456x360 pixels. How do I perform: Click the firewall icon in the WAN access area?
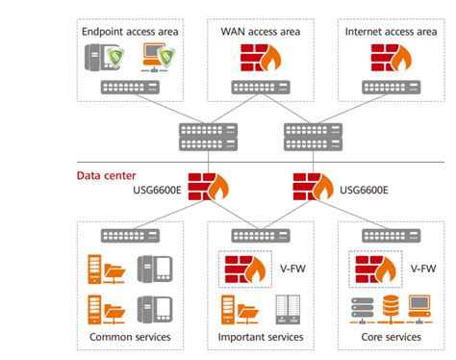pyautogui.click(x=255, y=61)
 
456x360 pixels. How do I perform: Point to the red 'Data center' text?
pyautogui.click(x=105, y=175)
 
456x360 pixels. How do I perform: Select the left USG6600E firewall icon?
pyautogui.click(x=205, y=187)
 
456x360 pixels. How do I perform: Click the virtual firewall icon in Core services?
pyautogui.click(x=372, y=270)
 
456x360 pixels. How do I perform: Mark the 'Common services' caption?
pyautogui.click(x=129, y=337)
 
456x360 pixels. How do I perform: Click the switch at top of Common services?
pyautogui.click(x=129, y=236)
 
